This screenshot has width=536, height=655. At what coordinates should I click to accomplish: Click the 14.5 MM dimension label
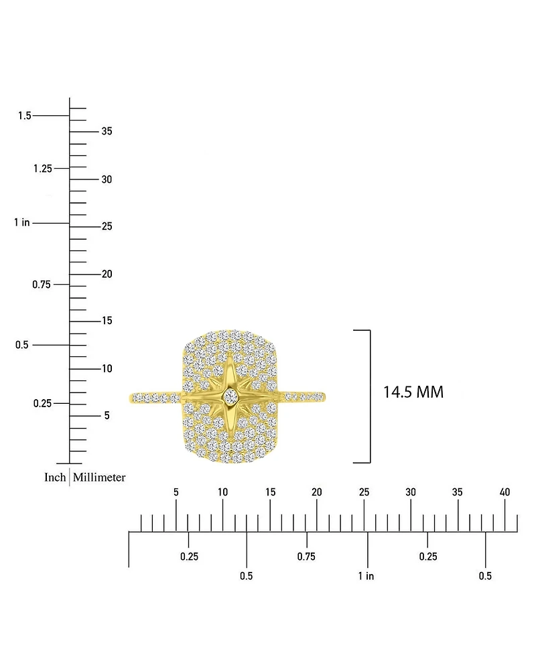(x=413, y=392)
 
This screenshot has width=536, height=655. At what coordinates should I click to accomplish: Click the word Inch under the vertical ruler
(x=55, y=477)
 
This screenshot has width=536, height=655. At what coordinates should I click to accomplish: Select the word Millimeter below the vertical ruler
(x=99, y=477)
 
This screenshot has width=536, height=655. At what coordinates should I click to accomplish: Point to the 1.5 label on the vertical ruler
(x=25, y=115)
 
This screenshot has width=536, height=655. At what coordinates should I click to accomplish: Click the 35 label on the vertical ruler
(x=107, y=131)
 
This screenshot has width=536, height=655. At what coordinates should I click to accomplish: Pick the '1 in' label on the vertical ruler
(x=22, y=222)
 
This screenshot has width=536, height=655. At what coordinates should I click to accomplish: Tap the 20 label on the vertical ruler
(x=107, y=274)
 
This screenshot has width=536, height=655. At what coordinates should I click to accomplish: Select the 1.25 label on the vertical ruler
(x=43, y=168)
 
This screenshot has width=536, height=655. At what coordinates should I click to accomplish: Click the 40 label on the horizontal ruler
(x=505, y=492)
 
